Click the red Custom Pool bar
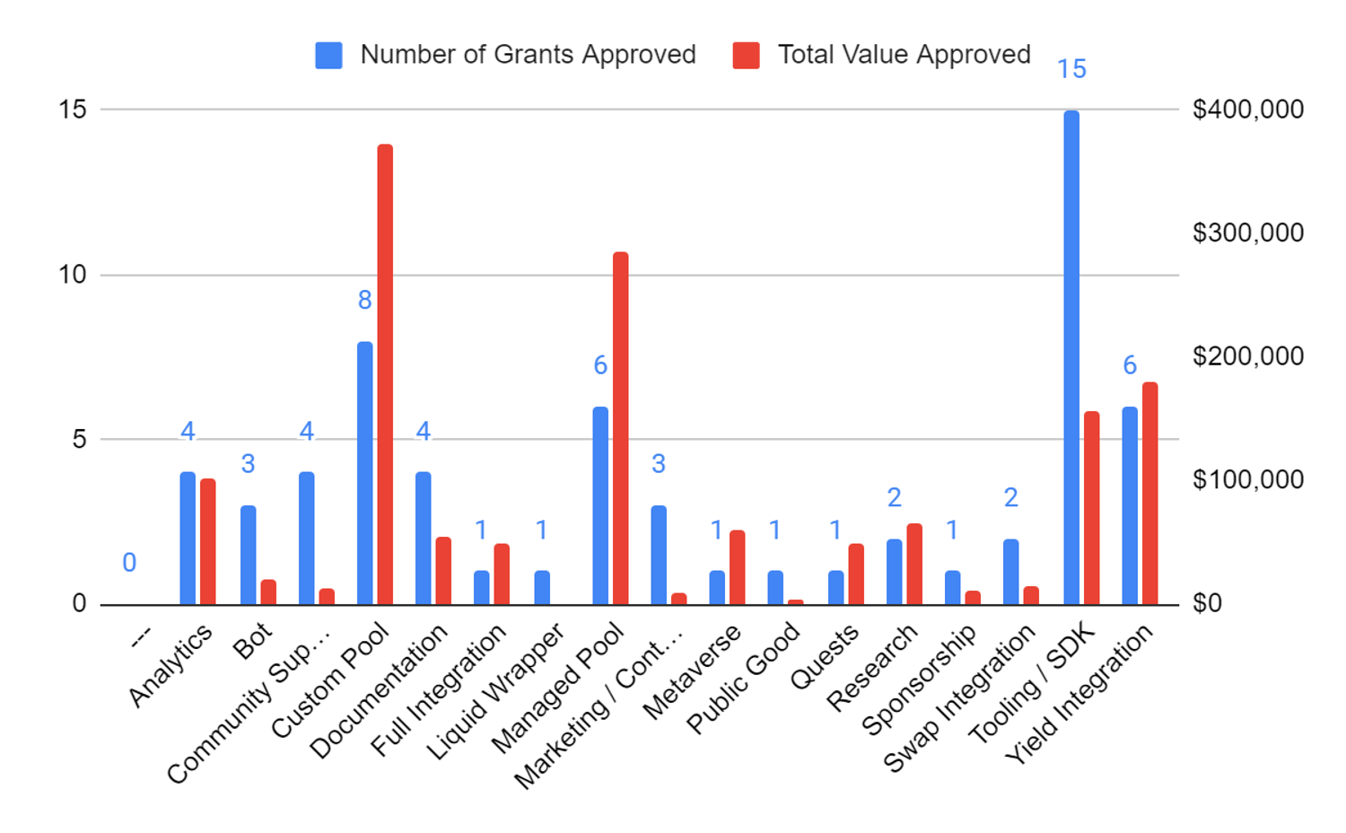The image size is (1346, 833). click(x=385, y=374)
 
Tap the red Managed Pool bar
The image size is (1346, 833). click(x=621, y=428)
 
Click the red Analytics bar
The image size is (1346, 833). click(x=208, y=541)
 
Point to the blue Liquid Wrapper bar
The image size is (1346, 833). click(x=542, y=587)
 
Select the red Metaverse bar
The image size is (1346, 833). click(x=738, y=567)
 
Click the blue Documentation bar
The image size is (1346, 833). click(x=424, y=538)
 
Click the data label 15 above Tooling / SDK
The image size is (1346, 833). click(x=1071, y=69)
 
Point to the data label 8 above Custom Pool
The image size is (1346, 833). click(x=364, y=300)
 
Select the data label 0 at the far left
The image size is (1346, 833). click(x=129, y=563)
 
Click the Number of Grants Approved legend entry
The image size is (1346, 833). click(x=507, y=55)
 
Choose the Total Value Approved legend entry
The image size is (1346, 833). click(x=883, y=55)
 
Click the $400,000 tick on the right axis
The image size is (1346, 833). click(x=1247, y=110)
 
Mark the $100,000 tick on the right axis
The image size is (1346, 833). click(x=1247, y=479)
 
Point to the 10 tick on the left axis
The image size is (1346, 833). click(x=73, y=275)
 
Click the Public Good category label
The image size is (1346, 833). click(x=744, y=679)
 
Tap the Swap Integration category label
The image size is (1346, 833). click(x=961, y=699)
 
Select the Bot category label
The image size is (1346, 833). click(x=252, y=641)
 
